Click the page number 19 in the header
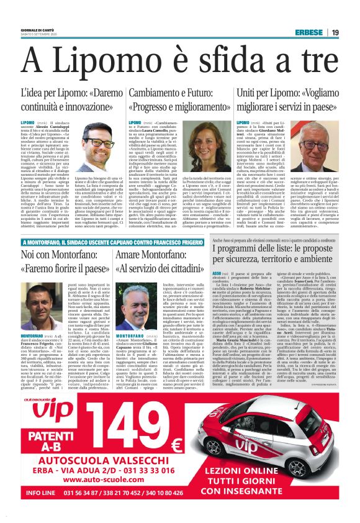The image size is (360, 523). (x=335, y=32)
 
